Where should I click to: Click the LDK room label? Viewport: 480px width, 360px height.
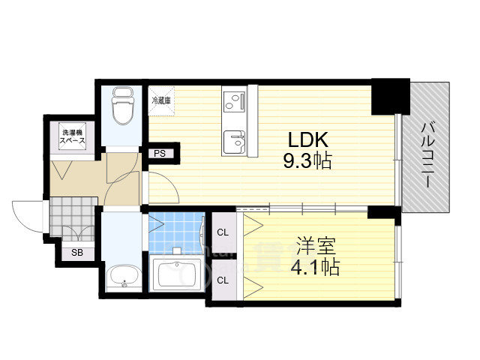click(305, 140)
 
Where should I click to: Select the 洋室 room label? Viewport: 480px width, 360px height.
click(315, 246)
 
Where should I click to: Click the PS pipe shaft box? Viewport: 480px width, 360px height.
click(160, 154)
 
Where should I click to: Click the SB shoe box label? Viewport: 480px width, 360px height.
click(77, 253)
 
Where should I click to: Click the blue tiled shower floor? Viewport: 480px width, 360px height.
click(177, 232)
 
